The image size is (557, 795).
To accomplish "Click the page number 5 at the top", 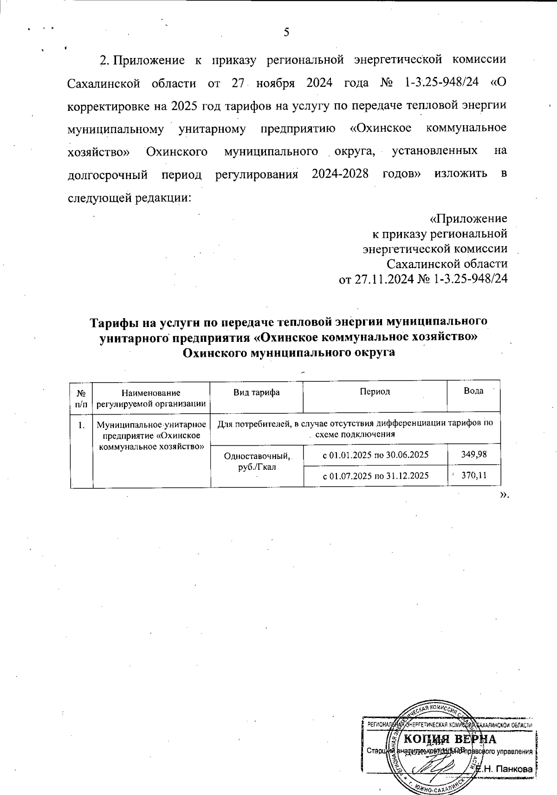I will click(286, 32).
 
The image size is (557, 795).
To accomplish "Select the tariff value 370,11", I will click(474, 475).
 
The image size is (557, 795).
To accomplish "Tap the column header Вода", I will click(473, 391).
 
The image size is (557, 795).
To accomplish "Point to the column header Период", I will click(375, 391).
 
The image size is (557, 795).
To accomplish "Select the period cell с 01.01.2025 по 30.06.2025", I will click(376, 455).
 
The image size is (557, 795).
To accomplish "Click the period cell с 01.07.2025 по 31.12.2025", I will click(376, 475).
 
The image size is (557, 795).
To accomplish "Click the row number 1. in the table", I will click(81, 423).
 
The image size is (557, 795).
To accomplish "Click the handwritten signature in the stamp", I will click(436, 765).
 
